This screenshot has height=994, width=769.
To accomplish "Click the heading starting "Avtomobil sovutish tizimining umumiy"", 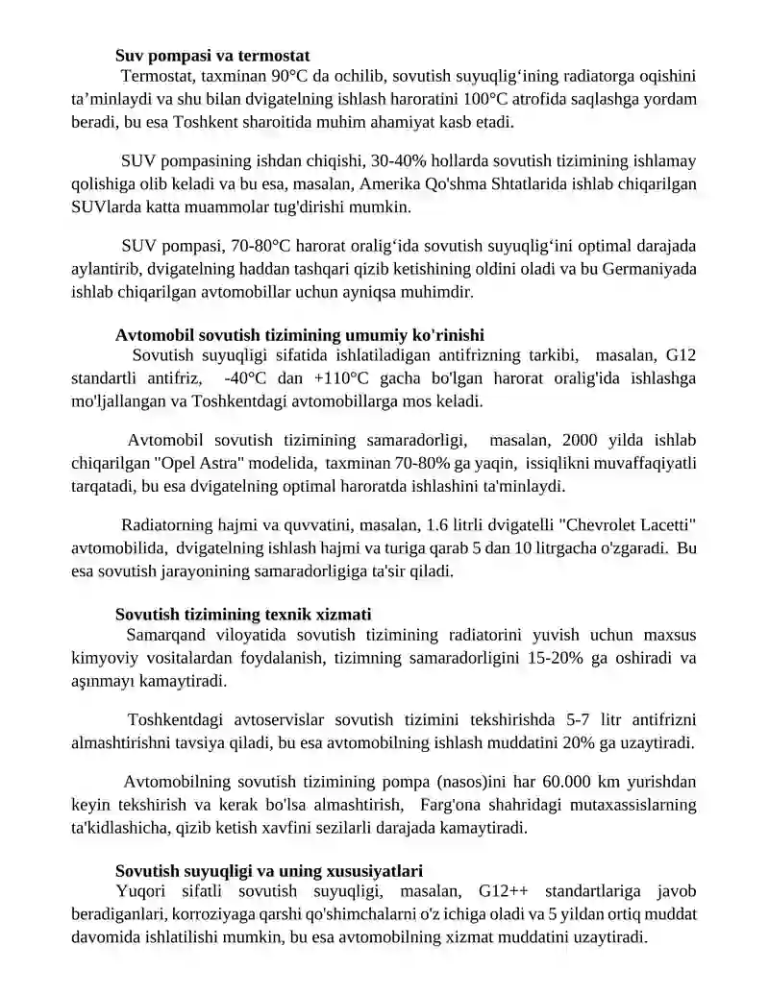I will [299, 335].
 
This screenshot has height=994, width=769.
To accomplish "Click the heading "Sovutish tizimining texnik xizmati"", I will [243, 614].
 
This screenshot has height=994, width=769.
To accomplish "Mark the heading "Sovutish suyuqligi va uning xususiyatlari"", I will [269, 871].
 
